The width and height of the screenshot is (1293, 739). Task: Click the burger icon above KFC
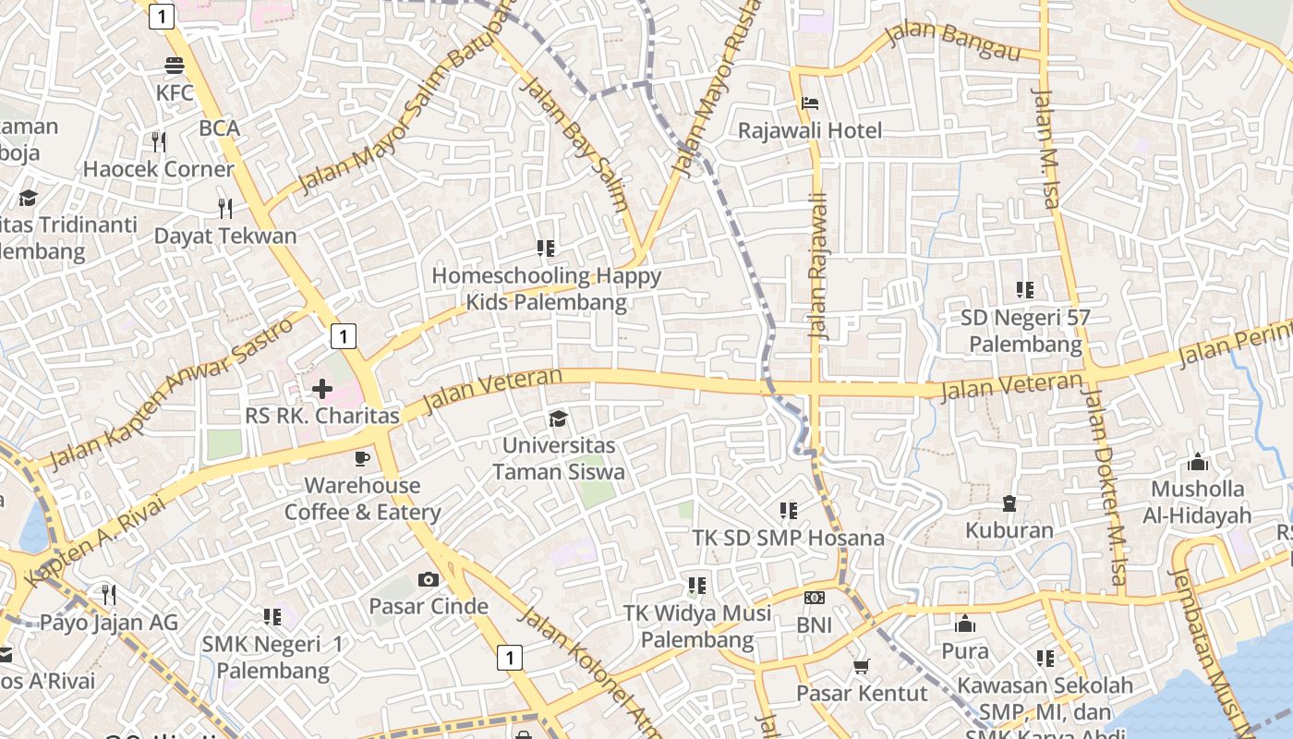pyautogui.click(x=175, y=66)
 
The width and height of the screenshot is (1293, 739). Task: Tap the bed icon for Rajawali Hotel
pyautogui.click(x=810, y=103)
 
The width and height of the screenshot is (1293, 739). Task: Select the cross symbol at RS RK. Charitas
pyautogui.click(x=321, y=389)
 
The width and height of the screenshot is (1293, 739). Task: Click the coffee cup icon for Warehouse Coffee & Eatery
pyautogui.click(x=361, y=458)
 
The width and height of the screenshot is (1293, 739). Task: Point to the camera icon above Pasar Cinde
pyautogui.click(x=429, y=579)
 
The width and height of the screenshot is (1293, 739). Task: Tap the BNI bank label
pyautogui.click(x=814, y=625)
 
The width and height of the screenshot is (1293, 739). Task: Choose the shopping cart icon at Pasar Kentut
pyautogui.click(x=861, y=666)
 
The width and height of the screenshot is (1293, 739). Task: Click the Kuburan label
pyautogui.click(x=1009, y=530)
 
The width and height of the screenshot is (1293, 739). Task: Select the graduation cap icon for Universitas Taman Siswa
pyautogui.click(x=558, y=419)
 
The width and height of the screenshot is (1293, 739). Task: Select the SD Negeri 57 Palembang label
pyautogui.click(x=1025, y=331)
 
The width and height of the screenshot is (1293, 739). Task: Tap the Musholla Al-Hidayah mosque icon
pyautogui.click(x=1198, y=462)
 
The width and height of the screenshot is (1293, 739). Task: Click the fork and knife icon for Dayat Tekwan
pyautogui.click(x=224, y=207)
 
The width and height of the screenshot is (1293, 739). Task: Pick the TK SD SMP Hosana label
pyautogui.click(x=788, y=538)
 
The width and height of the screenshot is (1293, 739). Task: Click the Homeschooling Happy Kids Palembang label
pyautogui.click(x=546, y=288)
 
